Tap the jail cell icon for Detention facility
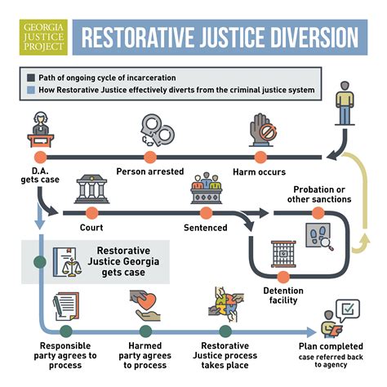pos(281,255)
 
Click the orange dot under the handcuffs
pos(149,156)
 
